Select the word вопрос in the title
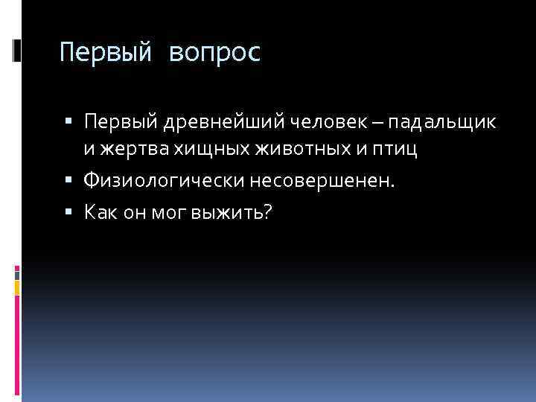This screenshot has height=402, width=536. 215,54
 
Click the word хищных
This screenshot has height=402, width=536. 211,150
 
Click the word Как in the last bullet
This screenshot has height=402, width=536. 99,214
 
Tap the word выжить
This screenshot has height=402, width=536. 224,214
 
